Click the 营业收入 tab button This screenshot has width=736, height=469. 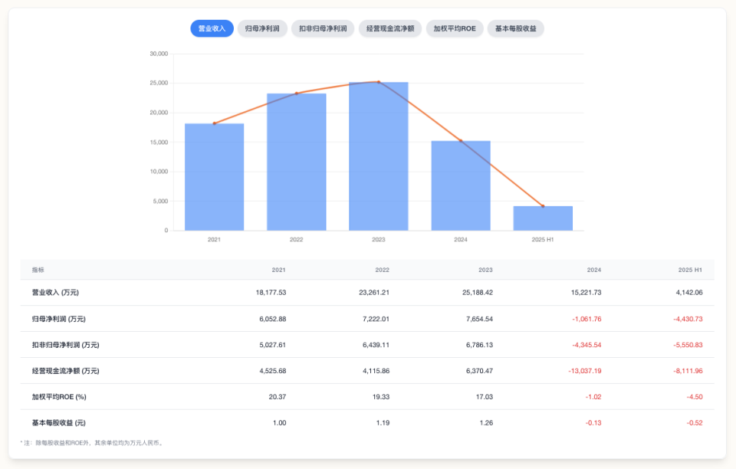pos(212,28)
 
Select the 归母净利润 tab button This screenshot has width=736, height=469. pos(262,28)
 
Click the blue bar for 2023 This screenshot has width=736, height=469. pos(378,156)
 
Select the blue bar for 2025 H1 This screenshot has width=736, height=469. pos(543,218)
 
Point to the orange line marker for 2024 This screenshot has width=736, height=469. pos(461,141)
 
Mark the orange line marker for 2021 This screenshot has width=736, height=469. pos(214,123)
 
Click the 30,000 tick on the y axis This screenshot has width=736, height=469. pos(159,54)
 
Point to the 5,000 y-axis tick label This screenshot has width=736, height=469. pos(160,201)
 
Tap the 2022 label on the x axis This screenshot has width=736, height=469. pos(296,240)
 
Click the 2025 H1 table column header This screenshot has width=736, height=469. pos(690,270)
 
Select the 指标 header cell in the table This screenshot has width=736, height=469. pos(38,270)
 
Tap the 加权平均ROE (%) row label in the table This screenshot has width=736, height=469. pos(59,397)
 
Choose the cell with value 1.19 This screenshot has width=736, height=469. pos(383,423)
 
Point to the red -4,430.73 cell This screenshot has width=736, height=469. pos(686,319)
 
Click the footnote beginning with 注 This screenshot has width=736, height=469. pos(92,442)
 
